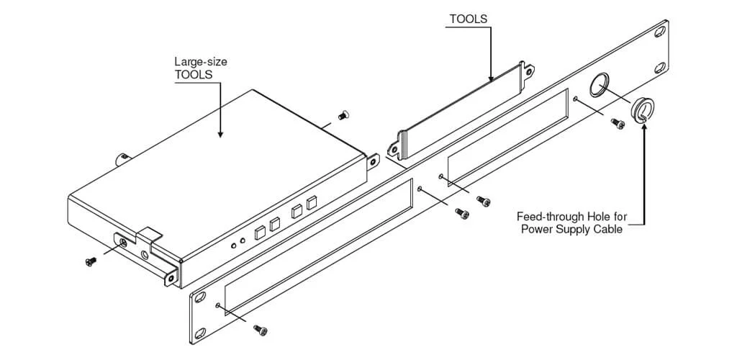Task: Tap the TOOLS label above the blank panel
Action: tap(469, 19)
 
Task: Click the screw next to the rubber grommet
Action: tap(617, 124)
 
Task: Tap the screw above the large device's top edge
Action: tap(343, 114)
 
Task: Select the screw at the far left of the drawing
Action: tap(91, 261)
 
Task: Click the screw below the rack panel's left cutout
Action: tap(261, 329)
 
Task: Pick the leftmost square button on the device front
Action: tap(259, 232)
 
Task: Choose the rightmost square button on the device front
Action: tap(312, 203)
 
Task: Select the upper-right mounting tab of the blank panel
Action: tap(530, 71)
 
